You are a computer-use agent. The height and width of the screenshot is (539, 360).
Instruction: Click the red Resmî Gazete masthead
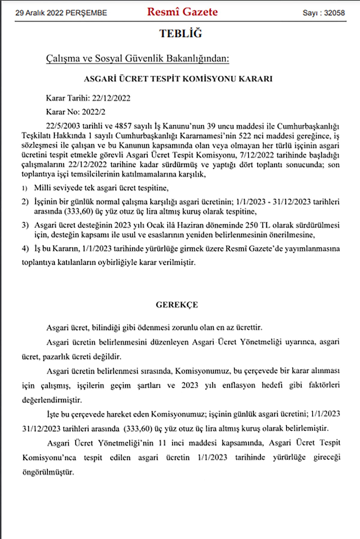point(182,12)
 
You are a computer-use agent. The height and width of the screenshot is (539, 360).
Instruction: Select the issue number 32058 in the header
point(334,13)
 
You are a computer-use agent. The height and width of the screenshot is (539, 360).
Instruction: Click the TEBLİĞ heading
point(181,34)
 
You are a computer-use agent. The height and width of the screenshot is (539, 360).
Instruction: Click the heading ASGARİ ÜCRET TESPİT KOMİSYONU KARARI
point(178,79)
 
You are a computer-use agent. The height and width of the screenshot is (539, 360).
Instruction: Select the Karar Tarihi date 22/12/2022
point(111,98)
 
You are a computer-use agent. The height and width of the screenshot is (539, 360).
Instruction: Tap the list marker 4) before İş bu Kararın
point(25,249)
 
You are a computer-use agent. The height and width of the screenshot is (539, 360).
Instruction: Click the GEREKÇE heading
point(177,305)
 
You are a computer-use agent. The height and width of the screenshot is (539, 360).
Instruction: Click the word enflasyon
point(238,385)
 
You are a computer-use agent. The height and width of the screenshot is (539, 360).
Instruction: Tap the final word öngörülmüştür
point(48,472)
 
